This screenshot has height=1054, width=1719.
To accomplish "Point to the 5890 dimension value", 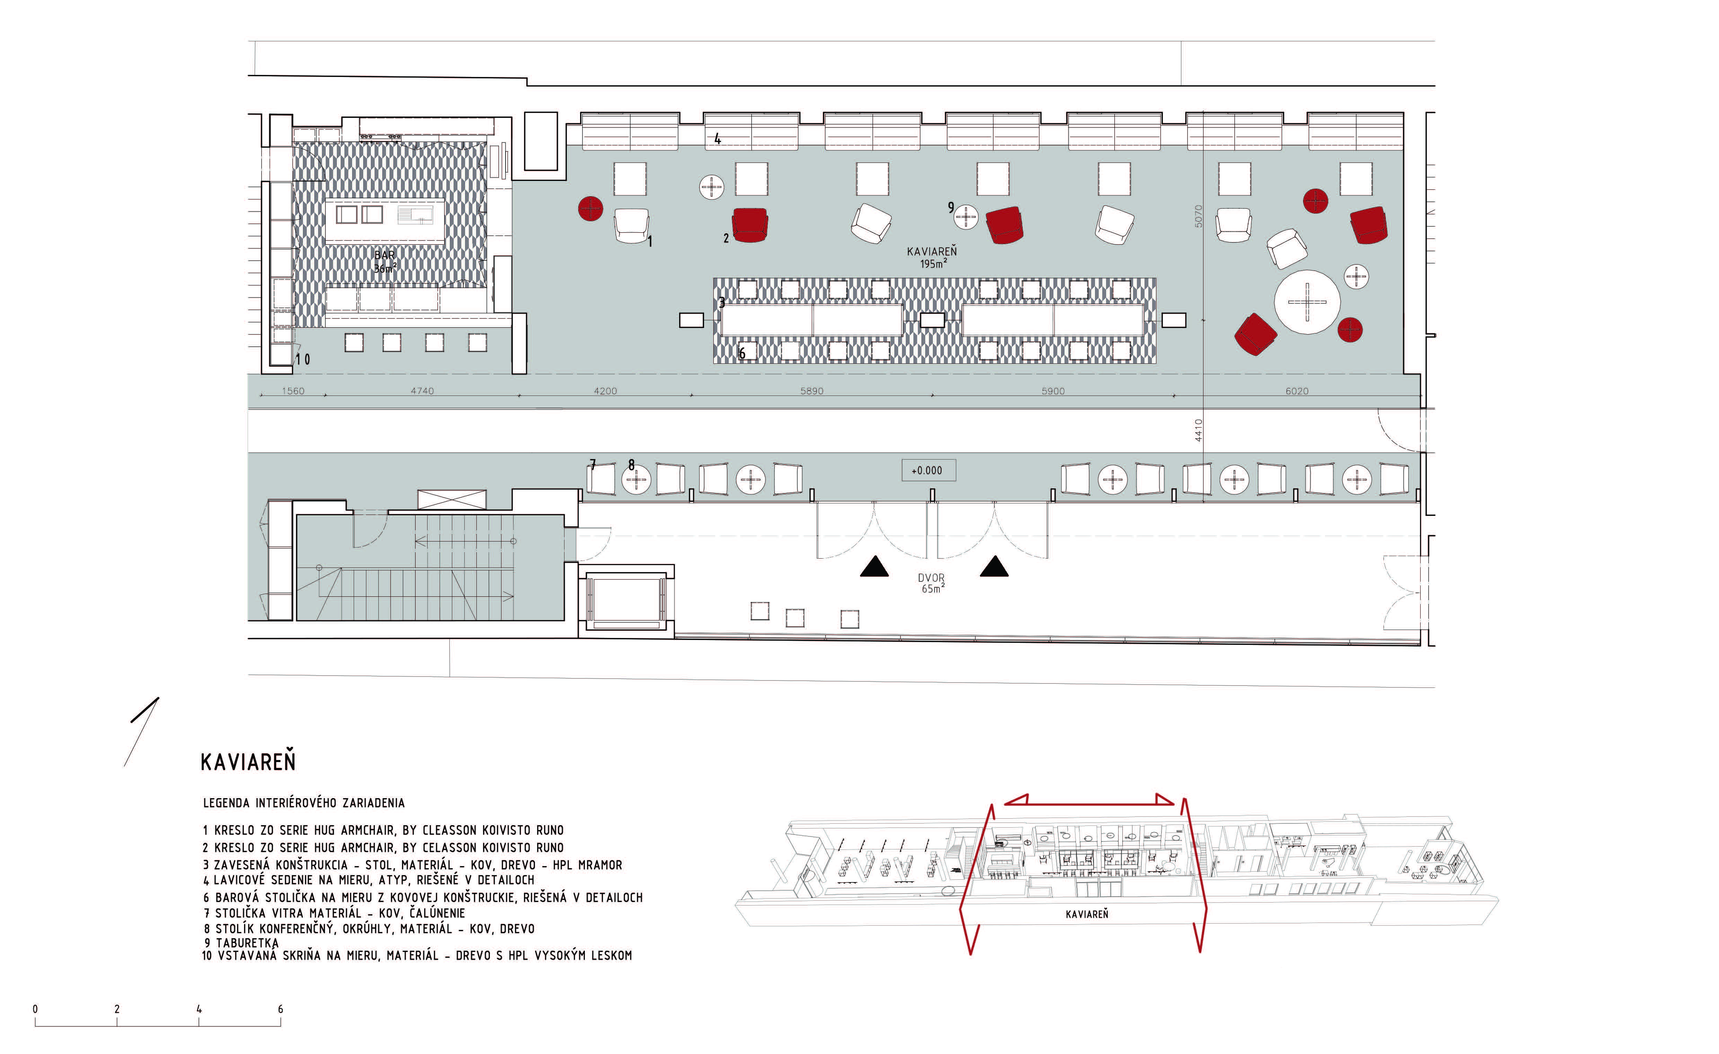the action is (x=812, y=391).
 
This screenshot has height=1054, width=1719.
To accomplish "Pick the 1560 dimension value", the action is (x=293, y=391).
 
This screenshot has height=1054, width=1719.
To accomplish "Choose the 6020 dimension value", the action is (x=1297, y=391).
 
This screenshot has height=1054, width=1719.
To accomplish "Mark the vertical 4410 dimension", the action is (x=1198, y=430).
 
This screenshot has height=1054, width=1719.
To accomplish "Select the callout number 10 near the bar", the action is (x=303, y=360).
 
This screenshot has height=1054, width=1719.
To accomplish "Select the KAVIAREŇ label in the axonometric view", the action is (x=1087, y=914).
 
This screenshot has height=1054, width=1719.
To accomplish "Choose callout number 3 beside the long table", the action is (x=722, y=303).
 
